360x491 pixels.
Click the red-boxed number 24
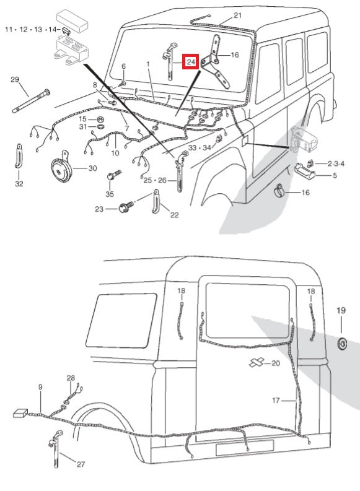click(x=190, y=62)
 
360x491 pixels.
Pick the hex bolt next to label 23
click(x=124, y=209)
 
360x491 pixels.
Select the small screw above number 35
click(x=112, y=176)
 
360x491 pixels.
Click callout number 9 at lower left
click(x=40, y=387)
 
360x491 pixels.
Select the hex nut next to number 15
click(x=99, y=119)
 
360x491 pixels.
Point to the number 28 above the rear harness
click(x=71, y=378)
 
